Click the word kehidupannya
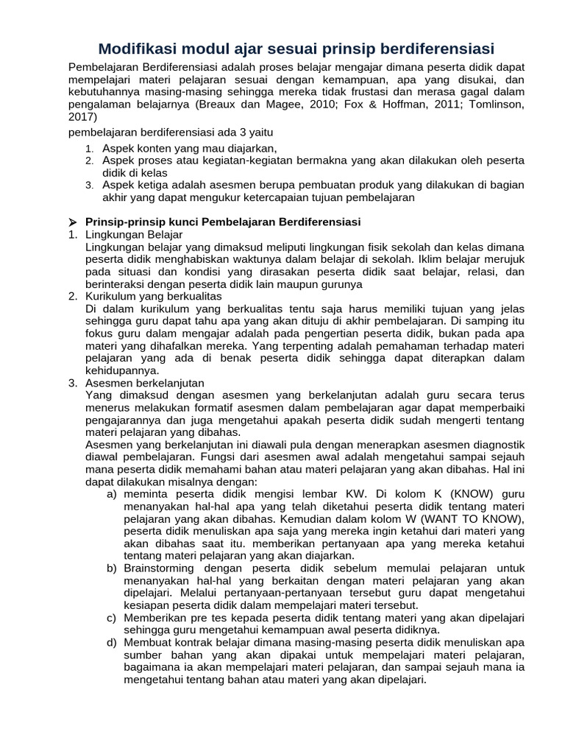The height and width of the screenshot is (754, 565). click(x=118, y=370)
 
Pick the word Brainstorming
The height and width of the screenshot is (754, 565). click(x=161, y=568)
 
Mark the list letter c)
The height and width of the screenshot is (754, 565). click(x=113, y=618)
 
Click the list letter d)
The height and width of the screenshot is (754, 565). click(x=113, y=642)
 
